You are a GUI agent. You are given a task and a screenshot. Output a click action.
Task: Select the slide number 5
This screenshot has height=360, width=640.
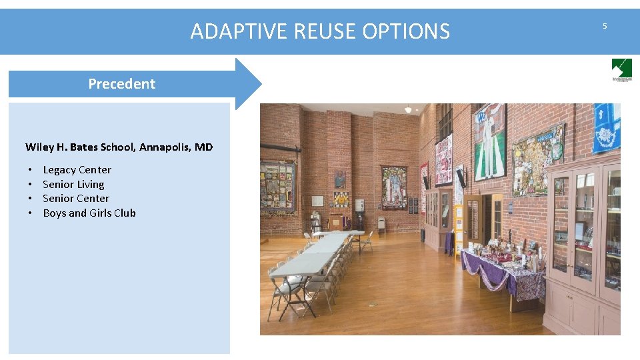605,26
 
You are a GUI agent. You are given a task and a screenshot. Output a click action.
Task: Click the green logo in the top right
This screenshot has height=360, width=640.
621,69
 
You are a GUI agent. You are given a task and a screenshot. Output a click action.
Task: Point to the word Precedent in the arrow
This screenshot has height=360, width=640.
121,84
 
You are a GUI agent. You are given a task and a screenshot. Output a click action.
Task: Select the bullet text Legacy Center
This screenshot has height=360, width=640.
77,170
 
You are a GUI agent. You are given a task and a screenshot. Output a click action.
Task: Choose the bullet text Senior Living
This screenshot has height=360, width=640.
73,185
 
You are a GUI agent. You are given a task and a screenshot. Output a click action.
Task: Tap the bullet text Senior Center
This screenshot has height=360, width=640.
75,199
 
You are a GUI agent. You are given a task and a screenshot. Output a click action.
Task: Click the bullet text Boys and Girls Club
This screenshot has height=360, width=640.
89,213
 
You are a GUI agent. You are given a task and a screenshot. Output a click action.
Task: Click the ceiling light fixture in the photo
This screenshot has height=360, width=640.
407,109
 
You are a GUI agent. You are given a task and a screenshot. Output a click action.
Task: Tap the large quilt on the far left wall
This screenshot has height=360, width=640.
277,188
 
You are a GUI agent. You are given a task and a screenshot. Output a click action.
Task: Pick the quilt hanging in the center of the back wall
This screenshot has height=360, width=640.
393,187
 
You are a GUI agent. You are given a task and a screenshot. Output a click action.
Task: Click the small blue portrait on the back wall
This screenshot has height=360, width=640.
340,179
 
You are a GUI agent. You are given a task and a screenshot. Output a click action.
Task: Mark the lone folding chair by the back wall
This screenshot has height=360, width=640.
381,225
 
